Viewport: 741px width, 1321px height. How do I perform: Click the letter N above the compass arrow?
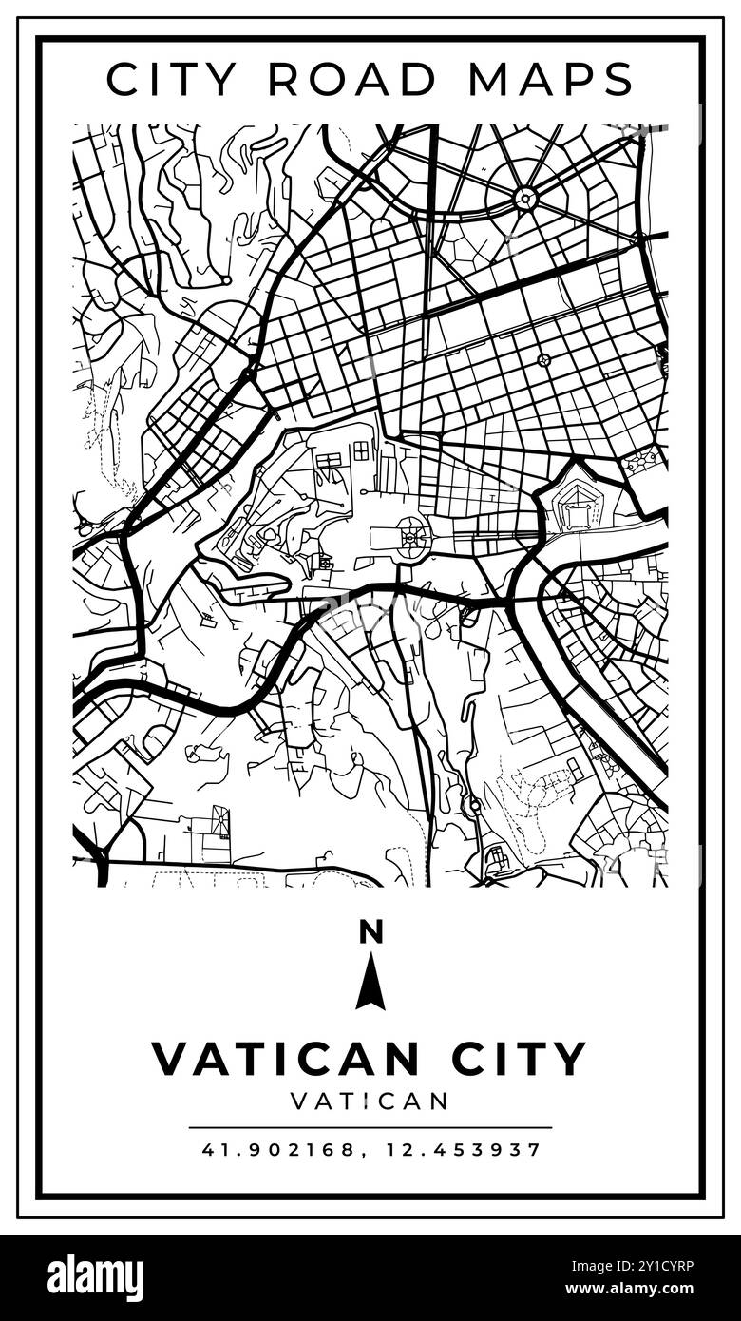point(370,933)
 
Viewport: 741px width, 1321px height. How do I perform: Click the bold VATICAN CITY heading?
point(370,1059)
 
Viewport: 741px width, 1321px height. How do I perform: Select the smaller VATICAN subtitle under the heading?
point(370,1101)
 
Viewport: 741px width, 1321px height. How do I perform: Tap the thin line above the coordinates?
point(370,1128)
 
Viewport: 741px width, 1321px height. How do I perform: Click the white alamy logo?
point(96,1277)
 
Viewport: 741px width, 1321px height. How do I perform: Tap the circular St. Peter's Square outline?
point(412,539)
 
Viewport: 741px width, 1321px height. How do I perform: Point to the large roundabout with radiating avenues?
point(525,199)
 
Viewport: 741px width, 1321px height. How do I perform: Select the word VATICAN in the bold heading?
point(285,1059)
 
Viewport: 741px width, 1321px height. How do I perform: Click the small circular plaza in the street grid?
point(543,359)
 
